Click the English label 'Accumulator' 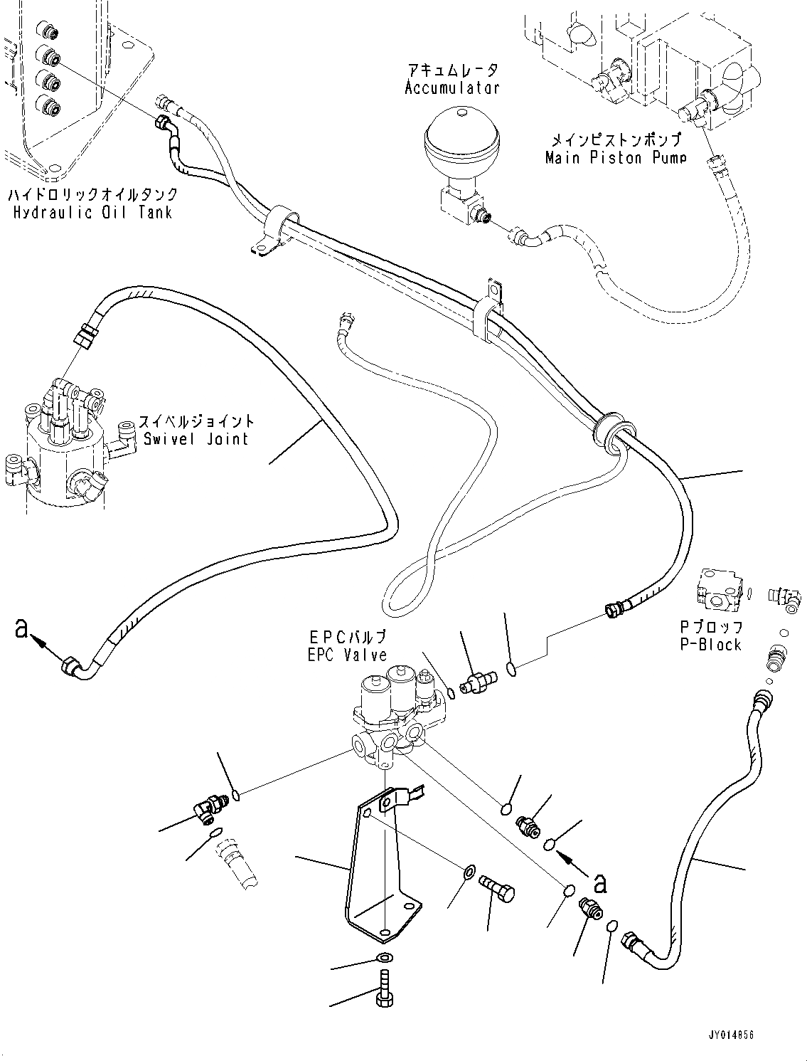(x=452, y=88)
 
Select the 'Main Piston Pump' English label (x=616, y=157)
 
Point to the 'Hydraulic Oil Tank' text (x=92, y=212)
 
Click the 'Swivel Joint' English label (x=196, y=438)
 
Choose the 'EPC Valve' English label (x=348, y=655)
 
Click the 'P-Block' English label (x=710, y=645)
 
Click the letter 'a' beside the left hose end (x=23, y=628)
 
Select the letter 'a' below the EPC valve (x=600, y=883)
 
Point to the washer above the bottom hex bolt (x=384, y=957)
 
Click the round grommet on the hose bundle (x=605, y=431)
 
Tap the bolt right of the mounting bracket (x=499, y=888)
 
